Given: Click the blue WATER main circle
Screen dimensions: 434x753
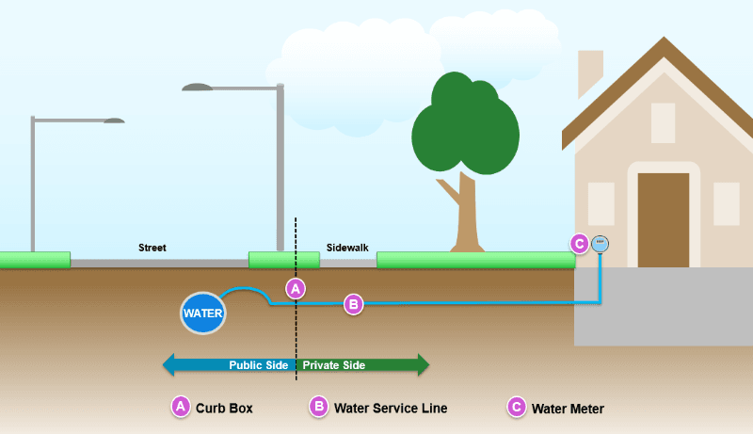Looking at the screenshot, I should click(203, 313).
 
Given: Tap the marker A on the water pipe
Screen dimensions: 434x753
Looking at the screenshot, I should click(296, 288).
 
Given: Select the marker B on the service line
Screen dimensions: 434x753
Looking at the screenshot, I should click(353, 304).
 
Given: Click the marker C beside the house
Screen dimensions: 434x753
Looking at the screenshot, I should click(580, 244).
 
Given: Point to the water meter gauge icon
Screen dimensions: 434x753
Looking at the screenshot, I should click(601, 243).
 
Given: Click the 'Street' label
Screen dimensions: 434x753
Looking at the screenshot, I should click(152, 249).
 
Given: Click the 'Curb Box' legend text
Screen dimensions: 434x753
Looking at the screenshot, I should click(224, 409).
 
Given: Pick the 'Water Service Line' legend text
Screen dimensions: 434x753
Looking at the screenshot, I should click(389, 409).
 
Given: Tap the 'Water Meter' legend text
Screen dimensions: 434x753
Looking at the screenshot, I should click(568, 409).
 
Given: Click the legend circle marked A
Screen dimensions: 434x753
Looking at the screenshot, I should click(180, 407).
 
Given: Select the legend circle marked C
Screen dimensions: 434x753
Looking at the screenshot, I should click(516, 407).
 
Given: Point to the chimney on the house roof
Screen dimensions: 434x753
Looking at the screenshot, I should click(590, 72).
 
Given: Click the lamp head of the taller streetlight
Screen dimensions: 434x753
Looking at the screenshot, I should click(198, 88).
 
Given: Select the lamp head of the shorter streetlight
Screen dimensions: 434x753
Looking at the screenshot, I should click(114, 121).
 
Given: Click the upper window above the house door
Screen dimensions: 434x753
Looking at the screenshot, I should click(663, 121).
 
